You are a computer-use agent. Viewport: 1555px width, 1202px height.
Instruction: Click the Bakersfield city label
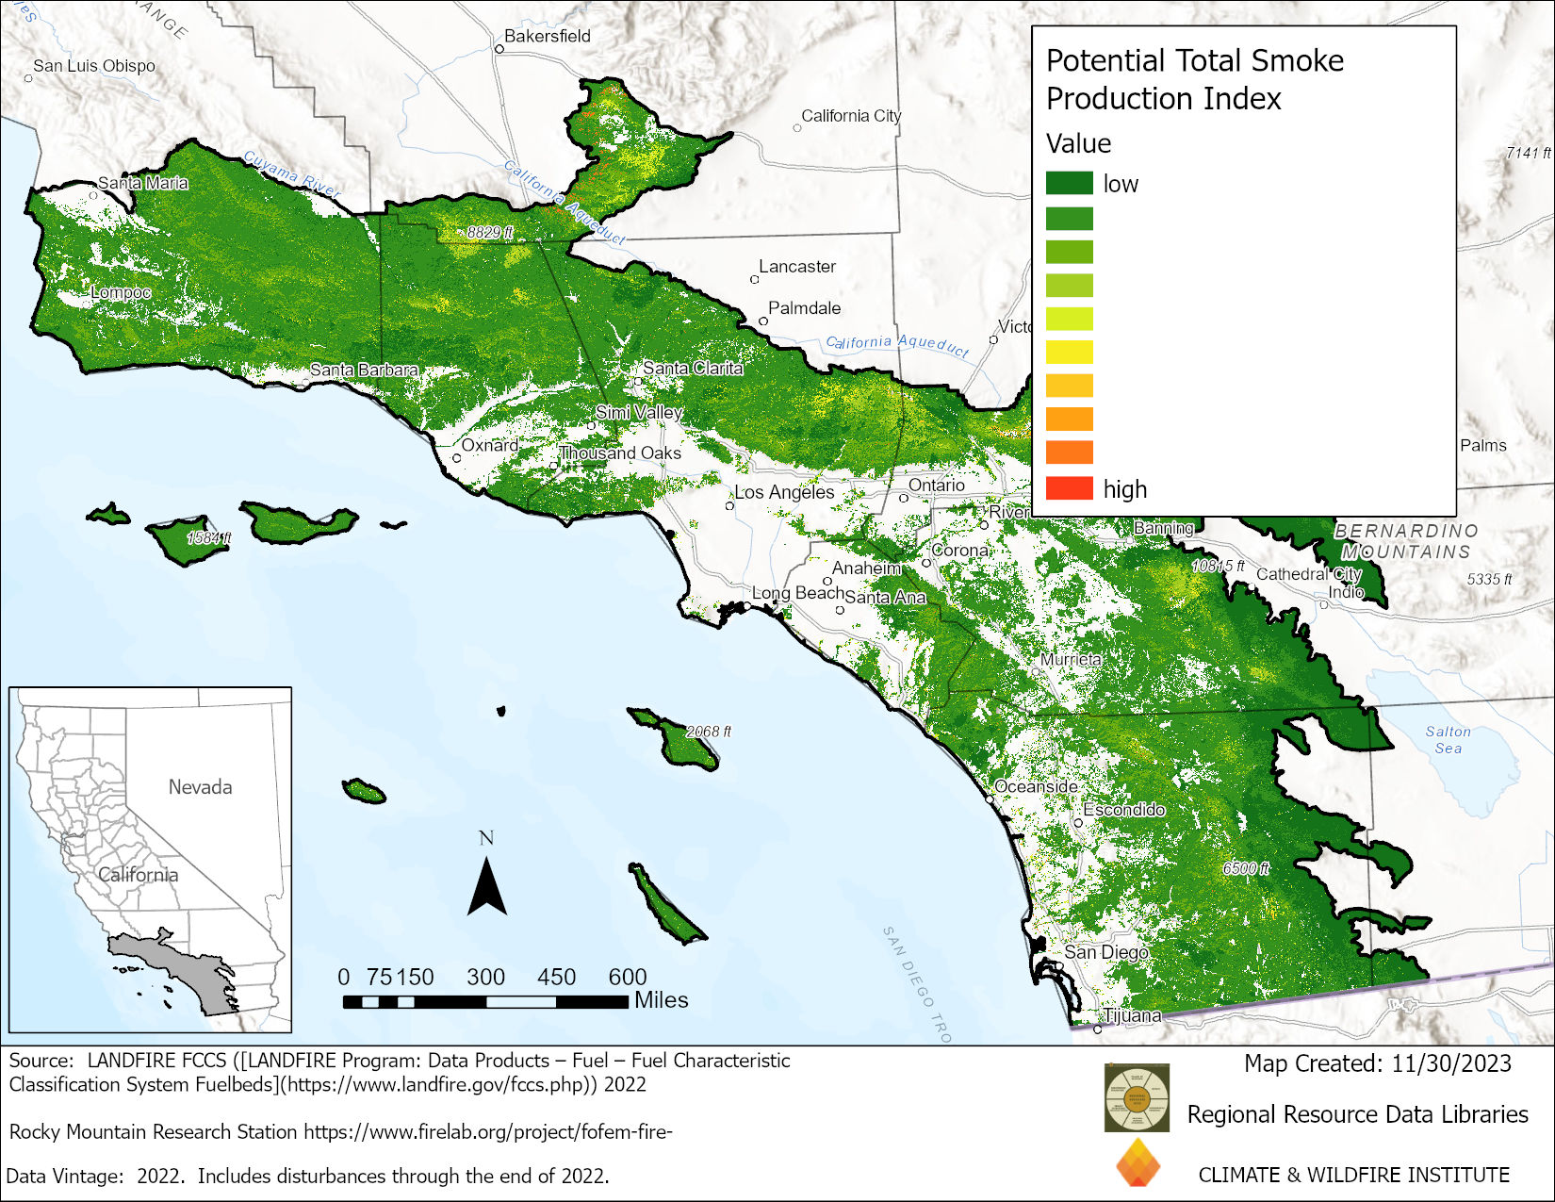547,36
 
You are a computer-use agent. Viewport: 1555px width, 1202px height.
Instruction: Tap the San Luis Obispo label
94,66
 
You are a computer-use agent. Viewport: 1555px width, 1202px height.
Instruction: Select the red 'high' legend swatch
1069,488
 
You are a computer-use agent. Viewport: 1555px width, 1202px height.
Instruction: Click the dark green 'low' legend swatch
1069,183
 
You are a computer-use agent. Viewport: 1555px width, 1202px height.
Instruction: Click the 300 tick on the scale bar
485,978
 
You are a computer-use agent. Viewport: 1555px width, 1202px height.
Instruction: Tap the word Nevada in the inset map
200,787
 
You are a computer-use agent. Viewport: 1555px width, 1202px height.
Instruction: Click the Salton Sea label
1448,739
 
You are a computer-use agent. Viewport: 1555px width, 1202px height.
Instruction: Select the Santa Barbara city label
364,370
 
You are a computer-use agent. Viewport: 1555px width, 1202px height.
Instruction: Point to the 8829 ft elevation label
490,232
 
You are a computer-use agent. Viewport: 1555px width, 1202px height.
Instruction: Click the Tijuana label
1132,1015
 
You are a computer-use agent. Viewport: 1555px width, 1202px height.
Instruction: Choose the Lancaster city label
797,267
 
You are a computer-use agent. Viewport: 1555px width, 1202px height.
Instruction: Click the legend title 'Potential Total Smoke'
1194,61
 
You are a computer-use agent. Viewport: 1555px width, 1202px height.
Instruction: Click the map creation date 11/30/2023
1450,1063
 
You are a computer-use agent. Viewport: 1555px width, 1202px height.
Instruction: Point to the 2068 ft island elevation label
708,732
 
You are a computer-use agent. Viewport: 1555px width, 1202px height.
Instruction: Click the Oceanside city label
1036,786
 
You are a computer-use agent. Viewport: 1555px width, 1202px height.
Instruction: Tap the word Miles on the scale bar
661,1000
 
